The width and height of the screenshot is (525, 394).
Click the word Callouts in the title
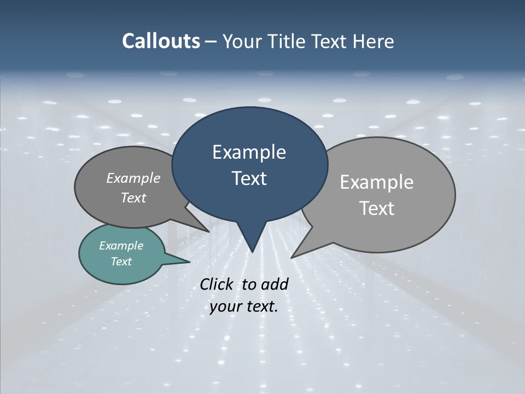coord(161,41)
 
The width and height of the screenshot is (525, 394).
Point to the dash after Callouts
coord(211,42)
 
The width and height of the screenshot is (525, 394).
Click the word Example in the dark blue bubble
coord(249,152)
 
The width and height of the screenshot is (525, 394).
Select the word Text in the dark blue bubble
coord(249,178)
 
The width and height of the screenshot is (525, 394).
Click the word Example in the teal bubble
coord(121,246)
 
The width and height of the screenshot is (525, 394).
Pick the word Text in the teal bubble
coord(121,262)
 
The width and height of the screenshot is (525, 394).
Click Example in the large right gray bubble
coord(376,182)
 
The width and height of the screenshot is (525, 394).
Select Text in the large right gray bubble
coord(377,208)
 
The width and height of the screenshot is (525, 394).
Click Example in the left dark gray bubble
coord(133,178)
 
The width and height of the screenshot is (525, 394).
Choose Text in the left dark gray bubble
coord(133,198)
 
